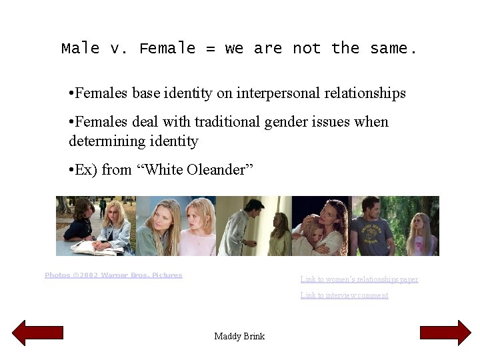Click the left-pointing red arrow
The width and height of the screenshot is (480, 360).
click(x=37, y=333)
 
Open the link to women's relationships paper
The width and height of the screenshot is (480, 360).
click(x=359, y=279)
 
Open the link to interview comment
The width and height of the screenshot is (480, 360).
click(x=344, y=295)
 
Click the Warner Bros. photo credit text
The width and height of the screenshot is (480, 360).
click(x=113, y=275)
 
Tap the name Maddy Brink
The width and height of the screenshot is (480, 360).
click(x=239, y=336)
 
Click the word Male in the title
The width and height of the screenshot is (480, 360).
click(x=80, y=49)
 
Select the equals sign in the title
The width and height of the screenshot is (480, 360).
click(x=210, y=49)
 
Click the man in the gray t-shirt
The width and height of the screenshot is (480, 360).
click(x=373, y=230)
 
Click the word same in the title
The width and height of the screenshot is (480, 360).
click(x=393, y=49)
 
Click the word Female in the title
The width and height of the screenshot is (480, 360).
click(x=167, y=49)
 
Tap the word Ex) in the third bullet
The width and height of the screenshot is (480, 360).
click(x=86, y=170)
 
